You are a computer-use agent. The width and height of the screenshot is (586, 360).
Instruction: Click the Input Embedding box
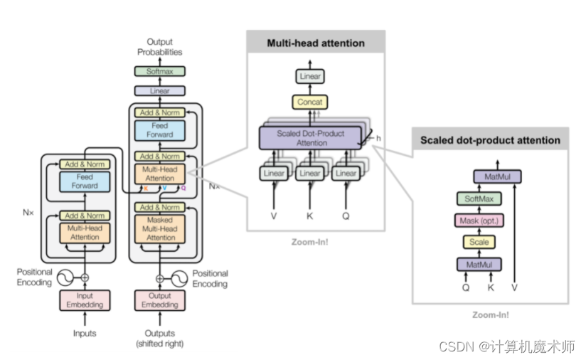coord(85,300)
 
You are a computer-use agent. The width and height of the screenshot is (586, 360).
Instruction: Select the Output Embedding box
coord(159,300)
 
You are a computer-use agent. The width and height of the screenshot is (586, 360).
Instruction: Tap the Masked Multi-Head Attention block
coord(159,229)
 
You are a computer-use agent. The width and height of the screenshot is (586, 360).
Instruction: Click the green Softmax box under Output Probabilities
coord(159,71)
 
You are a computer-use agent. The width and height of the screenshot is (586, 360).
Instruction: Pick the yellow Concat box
coord(309,102)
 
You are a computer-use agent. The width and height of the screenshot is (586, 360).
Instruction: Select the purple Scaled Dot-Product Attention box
coord(311,138)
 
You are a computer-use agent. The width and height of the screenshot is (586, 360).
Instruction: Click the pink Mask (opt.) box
coord(479,221)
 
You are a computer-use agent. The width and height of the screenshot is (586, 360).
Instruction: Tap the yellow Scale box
coord(479,243)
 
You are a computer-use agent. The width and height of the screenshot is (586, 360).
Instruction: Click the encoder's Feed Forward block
coord(85,181)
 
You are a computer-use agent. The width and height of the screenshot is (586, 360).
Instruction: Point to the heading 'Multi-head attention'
coord(316,43)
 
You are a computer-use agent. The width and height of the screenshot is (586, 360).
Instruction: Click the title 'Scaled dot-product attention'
coord(490,140)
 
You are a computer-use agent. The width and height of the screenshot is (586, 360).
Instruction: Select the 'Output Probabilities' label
coord(159,47)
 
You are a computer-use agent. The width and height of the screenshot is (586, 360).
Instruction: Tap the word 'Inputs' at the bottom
coord(84,333)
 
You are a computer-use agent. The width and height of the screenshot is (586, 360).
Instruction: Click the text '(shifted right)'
coord(159,344)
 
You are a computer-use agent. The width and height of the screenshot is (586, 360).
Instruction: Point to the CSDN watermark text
coord(506,346)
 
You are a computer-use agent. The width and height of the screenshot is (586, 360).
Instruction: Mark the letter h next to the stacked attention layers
coord(378,138)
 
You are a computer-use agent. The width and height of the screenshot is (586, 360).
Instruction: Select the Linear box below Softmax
coord(159,91)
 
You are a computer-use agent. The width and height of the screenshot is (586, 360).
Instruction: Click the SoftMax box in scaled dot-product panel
coord(479,199)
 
